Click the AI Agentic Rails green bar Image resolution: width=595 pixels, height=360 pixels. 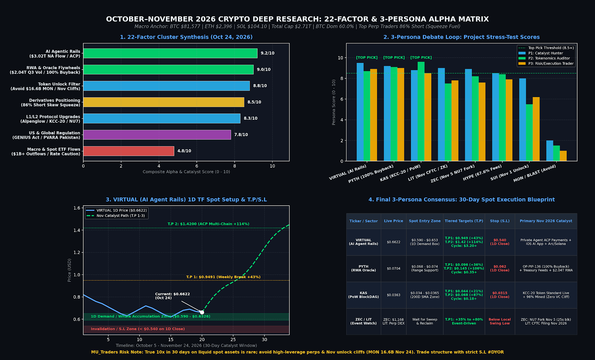click(x=170, y=53)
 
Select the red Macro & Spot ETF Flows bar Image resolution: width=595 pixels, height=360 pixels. click(x=129, y=151)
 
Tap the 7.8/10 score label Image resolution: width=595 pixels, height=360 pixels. click(x=241, y=135)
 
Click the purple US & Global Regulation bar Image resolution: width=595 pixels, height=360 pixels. click(x=157, y=135)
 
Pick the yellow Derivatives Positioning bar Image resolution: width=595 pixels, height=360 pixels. click(x=164, y=102)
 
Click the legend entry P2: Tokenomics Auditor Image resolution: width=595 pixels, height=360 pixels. click(x=549, y=58)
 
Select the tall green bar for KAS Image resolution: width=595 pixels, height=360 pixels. click(x=421, y=111)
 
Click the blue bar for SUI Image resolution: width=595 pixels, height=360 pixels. click(x=522, y=119)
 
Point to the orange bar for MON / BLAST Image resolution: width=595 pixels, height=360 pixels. click(x=563, y=156)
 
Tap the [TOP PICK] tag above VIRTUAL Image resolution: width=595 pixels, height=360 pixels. click(x=367, y=58)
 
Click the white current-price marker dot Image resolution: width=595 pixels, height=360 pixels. click(x=202, y=312)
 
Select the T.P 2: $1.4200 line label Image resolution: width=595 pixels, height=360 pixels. click(x=208, y=224)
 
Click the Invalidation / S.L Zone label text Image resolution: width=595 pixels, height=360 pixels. click(x=138, y=329)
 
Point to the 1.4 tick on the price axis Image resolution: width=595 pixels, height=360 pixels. click(x=77, y=230)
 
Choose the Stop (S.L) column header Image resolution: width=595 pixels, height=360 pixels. click(x=500, y=221)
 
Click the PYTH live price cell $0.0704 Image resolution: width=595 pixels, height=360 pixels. click(x=393, y=269)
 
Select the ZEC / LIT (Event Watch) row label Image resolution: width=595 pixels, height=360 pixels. click(x=363, y=321)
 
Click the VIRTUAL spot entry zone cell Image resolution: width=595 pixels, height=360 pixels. click(x=424, y=242)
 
